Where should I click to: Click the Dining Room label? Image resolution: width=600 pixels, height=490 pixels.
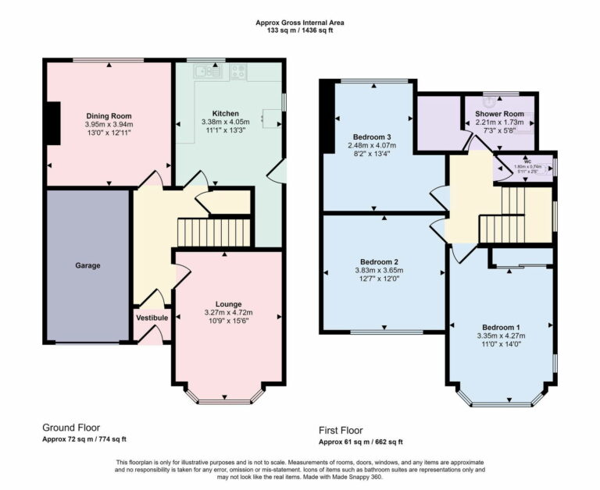coord(109,115)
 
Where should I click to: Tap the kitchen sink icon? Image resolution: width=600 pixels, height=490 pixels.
coord(205,73)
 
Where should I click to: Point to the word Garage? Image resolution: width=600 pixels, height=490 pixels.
coord(87,265)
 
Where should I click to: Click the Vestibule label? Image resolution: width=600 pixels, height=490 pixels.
coord(152,318)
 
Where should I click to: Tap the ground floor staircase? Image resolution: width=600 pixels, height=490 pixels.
coord(213,232)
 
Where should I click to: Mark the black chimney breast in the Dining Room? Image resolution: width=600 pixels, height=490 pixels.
coord(52,123)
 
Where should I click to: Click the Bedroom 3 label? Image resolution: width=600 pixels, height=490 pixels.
coord(372,137)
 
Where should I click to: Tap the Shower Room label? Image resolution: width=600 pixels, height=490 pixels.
coord(498,114)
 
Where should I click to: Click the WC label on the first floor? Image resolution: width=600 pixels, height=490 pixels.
coord(527,161)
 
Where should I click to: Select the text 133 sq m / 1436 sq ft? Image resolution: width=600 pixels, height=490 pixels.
coord(300,30)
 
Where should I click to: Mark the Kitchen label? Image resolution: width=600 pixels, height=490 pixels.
coord(225,113)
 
